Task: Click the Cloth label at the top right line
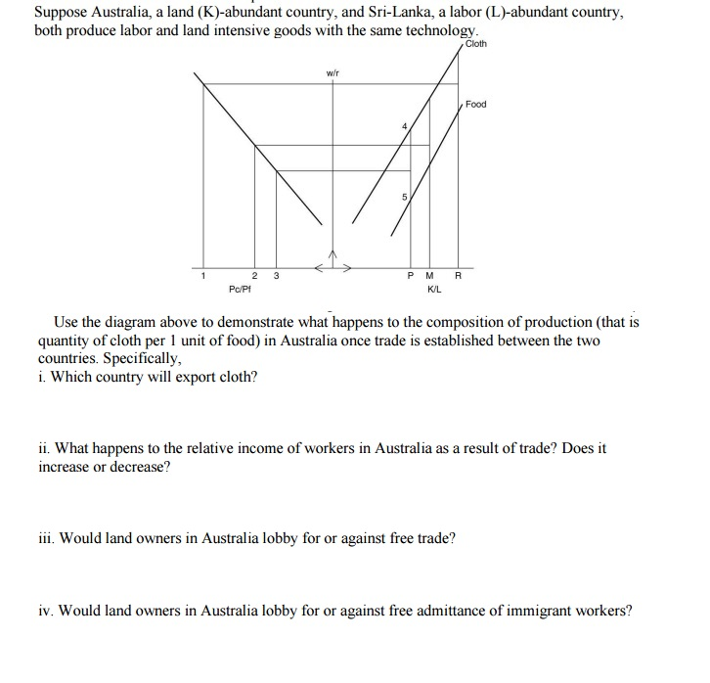(475, 44)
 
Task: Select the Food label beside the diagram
(476, 104)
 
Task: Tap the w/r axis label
(333, 72)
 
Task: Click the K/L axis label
(434, 289)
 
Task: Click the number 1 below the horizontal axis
(203, 275)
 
